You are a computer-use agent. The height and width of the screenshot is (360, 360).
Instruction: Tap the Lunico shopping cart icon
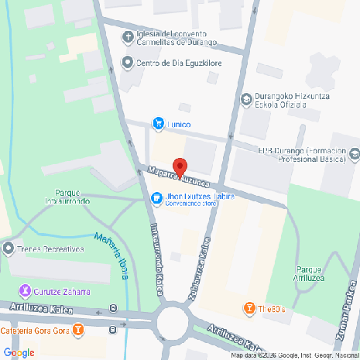[x=158, y=122]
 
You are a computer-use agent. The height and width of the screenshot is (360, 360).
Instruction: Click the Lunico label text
[x=179, y=123]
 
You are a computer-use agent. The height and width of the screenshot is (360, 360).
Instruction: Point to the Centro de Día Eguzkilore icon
[x=128, y=63]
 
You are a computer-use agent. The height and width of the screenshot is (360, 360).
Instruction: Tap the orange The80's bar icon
[x=249, y=308]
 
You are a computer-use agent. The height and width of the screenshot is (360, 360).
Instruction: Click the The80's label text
[x=273, y=309]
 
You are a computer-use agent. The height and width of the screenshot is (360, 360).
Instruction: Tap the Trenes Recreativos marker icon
[x=9, y=249]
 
